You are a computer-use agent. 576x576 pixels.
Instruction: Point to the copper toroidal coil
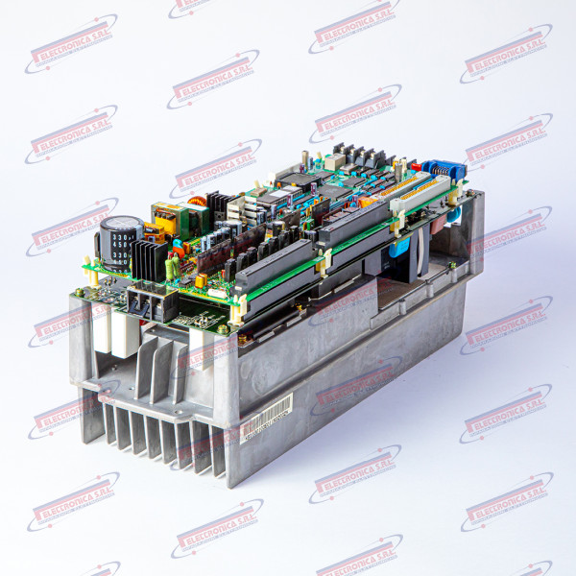click(x=198, y=203)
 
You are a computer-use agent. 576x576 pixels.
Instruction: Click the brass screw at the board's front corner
click(x=223, y=329)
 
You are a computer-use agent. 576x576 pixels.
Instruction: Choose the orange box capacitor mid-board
click(x=366, y=201)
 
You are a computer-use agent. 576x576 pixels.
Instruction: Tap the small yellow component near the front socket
click(x=201, y=281)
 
